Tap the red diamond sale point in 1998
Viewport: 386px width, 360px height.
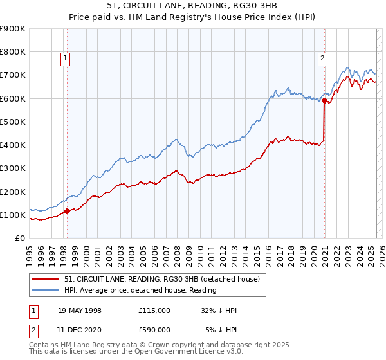coord(67,211)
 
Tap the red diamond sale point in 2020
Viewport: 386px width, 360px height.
coord(325,100)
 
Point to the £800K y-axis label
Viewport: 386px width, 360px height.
coord(13,52)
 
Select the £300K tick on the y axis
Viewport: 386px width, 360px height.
coord(13,168)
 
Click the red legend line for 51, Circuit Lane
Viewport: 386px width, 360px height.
coord(46,279)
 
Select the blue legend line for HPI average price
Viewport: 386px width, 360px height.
coord(46,290)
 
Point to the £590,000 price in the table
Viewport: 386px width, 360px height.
coord(154,330)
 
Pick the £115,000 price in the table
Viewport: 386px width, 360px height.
coord(154,310)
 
